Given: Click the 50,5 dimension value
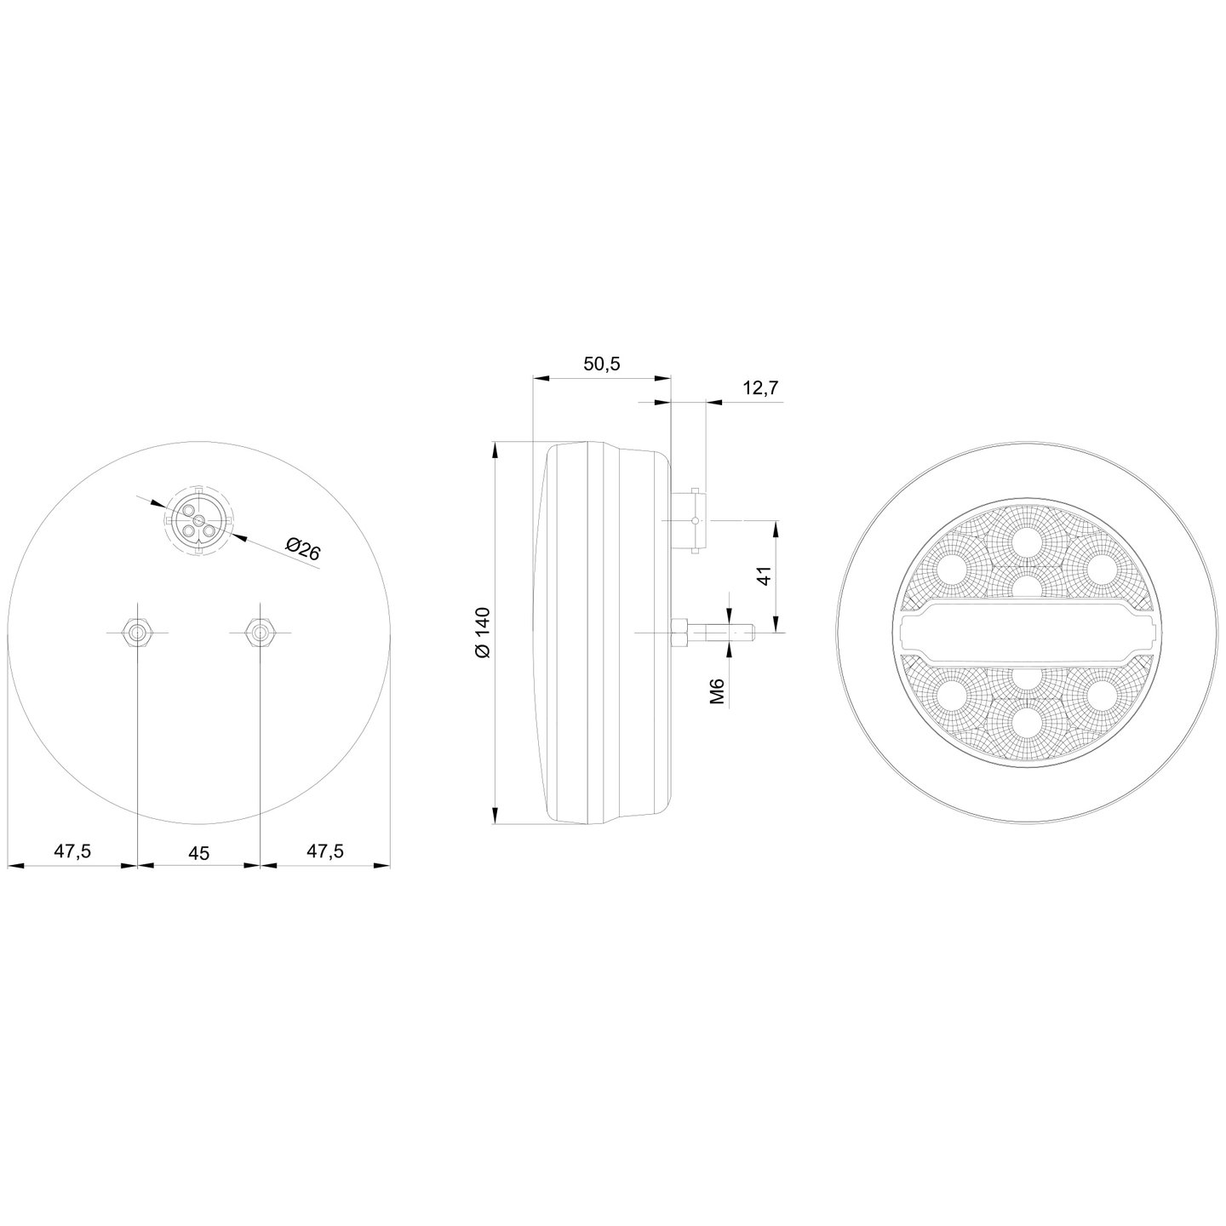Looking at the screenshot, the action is point(601,364).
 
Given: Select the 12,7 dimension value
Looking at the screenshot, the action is point(761,388).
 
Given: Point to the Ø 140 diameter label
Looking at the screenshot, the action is point(484,633).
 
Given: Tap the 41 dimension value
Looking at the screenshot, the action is point(765,576).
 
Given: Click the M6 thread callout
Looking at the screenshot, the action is point(718,691).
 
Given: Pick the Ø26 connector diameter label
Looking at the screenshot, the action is point(302,549).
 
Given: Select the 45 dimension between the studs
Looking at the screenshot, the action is point(199,853).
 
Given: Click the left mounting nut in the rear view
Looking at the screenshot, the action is point(137,632).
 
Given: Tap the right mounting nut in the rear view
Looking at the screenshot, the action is point(260,632).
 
